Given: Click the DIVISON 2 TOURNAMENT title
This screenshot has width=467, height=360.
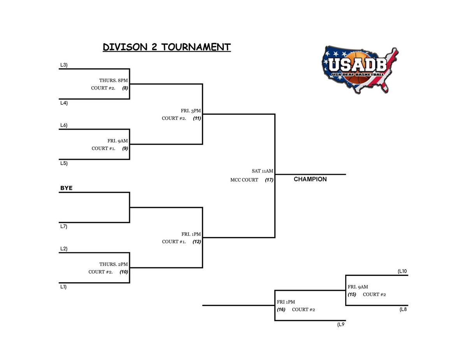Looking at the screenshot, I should pos(167,47).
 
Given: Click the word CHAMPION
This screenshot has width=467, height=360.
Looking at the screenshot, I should pos(310,179).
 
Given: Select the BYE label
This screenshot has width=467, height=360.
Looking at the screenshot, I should pos(66,188).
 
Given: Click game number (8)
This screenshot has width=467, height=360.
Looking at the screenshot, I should pos(125,88).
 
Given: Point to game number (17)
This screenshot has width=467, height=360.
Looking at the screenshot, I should pos(269,180).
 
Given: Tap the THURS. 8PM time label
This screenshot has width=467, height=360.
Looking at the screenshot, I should pos(113,80).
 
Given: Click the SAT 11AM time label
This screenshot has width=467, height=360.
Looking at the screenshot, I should pos(262,171).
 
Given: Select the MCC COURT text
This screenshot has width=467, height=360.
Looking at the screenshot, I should pos(244,180).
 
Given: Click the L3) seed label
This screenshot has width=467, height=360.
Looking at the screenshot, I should pos(63,65).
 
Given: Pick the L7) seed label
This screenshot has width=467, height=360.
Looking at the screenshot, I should pos(63,227).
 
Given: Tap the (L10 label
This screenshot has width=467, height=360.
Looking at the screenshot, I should pos(402,271).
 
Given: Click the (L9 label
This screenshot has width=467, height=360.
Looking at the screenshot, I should pos(341,325).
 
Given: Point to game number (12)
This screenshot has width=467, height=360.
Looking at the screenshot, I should pos(197,242).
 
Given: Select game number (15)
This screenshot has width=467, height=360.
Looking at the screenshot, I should pos(352,294).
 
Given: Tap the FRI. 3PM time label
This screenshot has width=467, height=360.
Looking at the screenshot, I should pos(191,111).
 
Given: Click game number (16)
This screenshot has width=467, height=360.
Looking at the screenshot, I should pos(281,310).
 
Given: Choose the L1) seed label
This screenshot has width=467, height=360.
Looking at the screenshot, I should pos(63,287).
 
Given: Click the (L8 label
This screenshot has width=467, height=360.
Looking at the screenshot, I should pos(403,309).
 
